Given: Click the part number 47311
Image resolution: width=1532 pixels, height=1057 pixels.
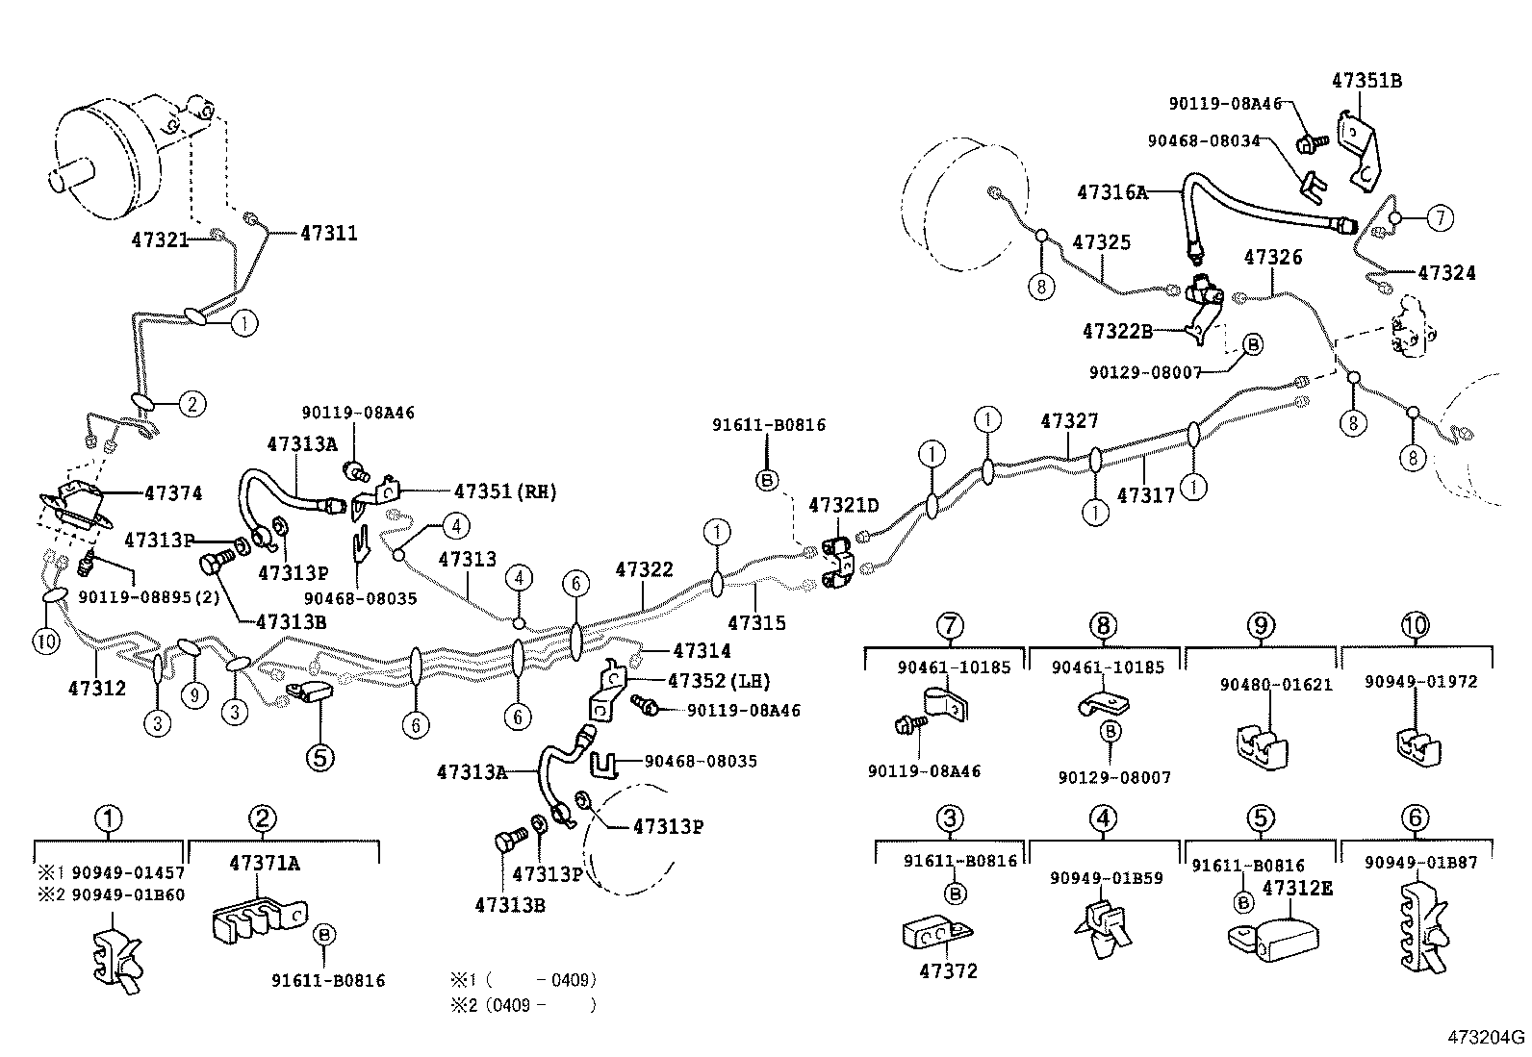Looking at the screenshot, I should point(328,233).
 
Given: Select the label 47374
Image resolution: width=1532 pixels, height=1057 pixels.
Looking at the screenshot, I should point(173,493).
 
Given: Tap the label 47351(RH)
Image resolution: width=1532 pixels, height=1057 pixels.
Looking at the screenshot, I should point(505,491).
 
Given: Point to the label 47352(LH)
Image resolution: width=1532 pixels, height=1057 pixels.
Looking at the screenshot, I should point(719,681).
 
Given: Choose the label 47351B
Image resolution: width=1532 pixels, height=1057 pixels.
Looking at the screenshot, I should point(1366,81).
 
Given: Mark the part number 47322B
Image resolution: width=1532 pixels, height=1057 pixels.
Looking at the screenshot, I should point(1116,331).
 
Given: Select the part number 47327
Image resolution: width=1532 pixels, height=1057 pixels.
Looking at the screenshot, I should point(1069,421).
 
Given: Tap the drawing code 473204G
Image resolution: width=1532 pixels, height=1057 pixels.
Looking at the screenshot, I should point(1488,1037).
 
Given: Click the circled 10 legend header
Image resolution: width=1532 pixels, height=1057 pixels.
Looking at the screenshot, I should point(1415,626).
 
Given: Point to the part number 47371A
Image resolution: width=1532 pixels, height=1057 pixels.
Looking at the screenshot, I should point(264,863).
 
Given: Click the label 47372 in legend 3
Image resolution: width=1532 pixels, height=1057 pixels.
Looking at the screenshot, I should point(948,971).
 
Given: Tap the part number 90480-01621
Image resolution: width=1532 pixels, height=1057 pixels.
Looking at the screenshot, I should point(1262,685).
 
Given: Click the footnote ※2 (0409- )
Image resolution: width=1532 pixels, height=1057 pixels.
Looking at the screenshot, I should point(524,1005).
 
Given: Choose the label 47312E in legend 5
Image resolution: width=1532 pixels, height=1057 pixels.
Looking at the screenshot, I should point(1297,887).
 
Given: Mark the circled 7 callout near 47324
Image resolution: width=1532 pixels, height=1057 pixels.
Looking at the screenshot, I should point(1439,218).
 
